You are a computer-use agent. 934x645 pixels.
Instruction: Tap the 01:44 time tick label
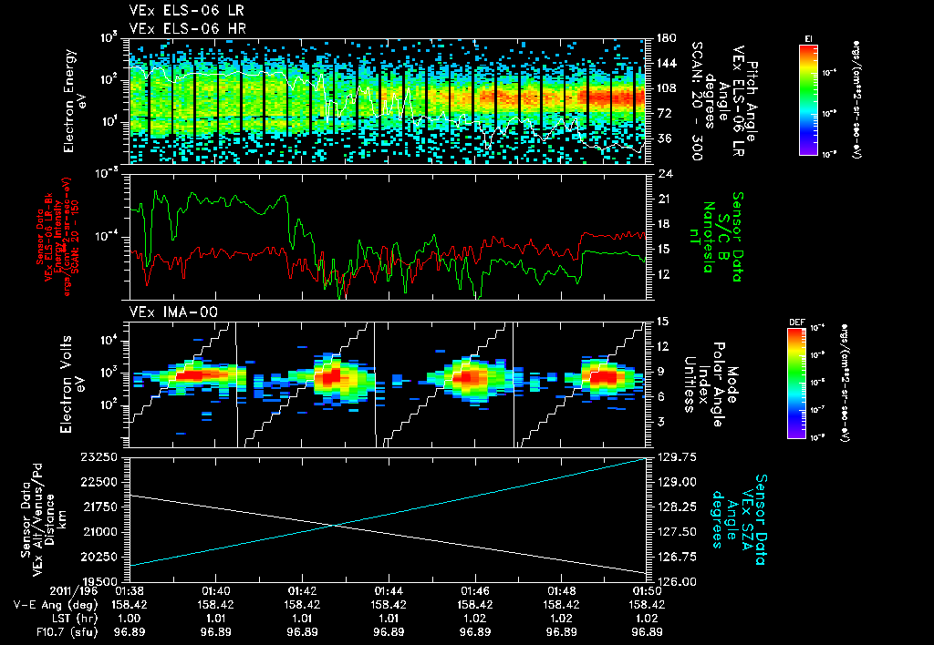(x=389, y=590)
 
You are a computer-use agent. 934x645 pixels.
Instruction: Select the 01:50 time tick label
(x=647, y=590)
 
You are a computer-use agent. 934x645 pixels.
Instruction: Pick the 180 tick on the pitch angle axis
(x=664, y=38)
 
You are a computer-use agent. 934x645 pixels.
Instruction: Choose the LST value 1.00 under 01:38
(x=130, y=618)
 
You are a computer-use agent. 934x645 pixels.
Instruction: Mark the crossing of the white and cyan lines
(x=334, y=525)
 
